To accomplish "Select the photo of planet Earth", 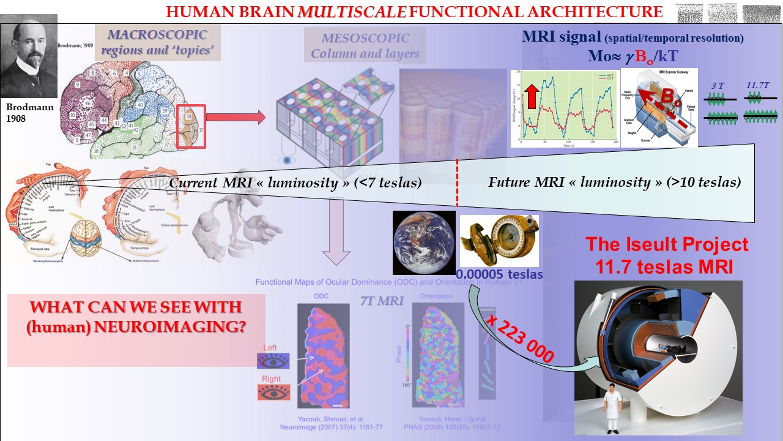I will click(x=424, y=242).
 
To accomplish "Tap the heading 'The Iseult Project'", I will click(x=667, y=244).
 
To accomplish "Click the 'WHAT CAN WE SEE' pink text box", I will click(x=136, y=317).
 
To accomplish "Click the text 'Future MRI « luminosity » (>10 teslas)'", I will click(x=614, y=181).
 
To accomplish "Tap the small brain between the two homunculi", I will click(x=94, y=241).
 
